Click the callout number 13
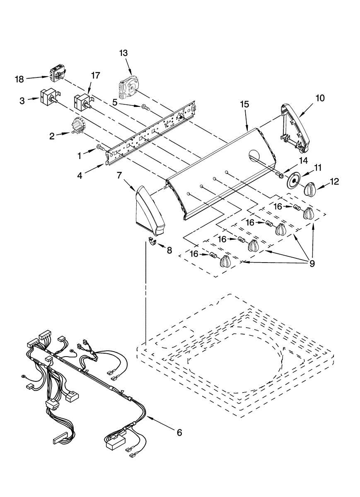pos(123,53)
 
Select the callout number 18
pos(19,79)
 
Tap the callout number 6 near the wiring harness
pos(179,432)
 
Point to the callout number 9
pos(312,263)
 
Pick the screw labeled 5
pos(145,107)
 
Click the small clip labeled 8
pos(152,242)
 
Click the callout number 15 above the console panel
pos(244,104)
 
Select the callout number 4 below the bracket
pos(80,176)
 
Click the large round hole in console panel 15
pos(255,155)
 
